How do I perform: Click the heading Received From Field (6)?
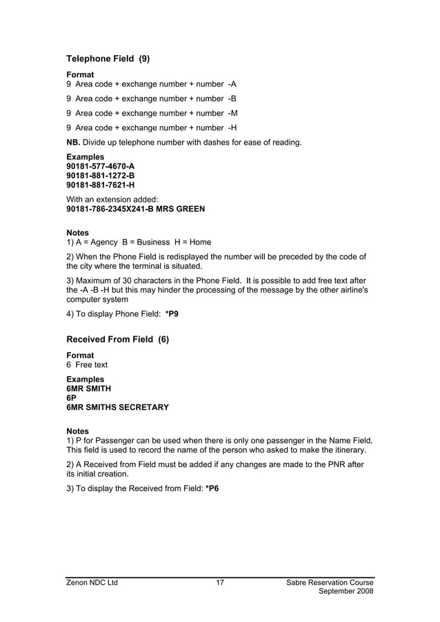click(x=117, y=340)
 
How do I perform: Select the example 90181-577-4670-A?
click(x=100, y=166)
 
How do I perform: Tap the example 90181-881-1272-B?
click(x=100, y=176)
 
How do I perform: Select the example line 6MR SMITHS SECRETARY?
click(x=117, y=407)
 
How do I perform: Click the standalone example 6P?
click(x=71, y=398)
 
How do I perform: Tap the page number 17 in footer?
click(x=220, y=583)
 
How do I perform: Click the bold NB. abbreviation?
click(x=73, y=143)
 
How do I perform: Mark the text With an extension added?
click(x=112, y=199)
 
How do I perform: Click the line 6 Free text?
click(x=87, y=364)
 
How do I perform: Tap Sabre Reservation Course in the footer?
click(x=330, y=583)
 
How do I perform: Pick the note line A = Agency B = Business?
click(x=139, y=242)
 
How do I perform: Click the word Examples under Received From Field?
click(x=86, y=379)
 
